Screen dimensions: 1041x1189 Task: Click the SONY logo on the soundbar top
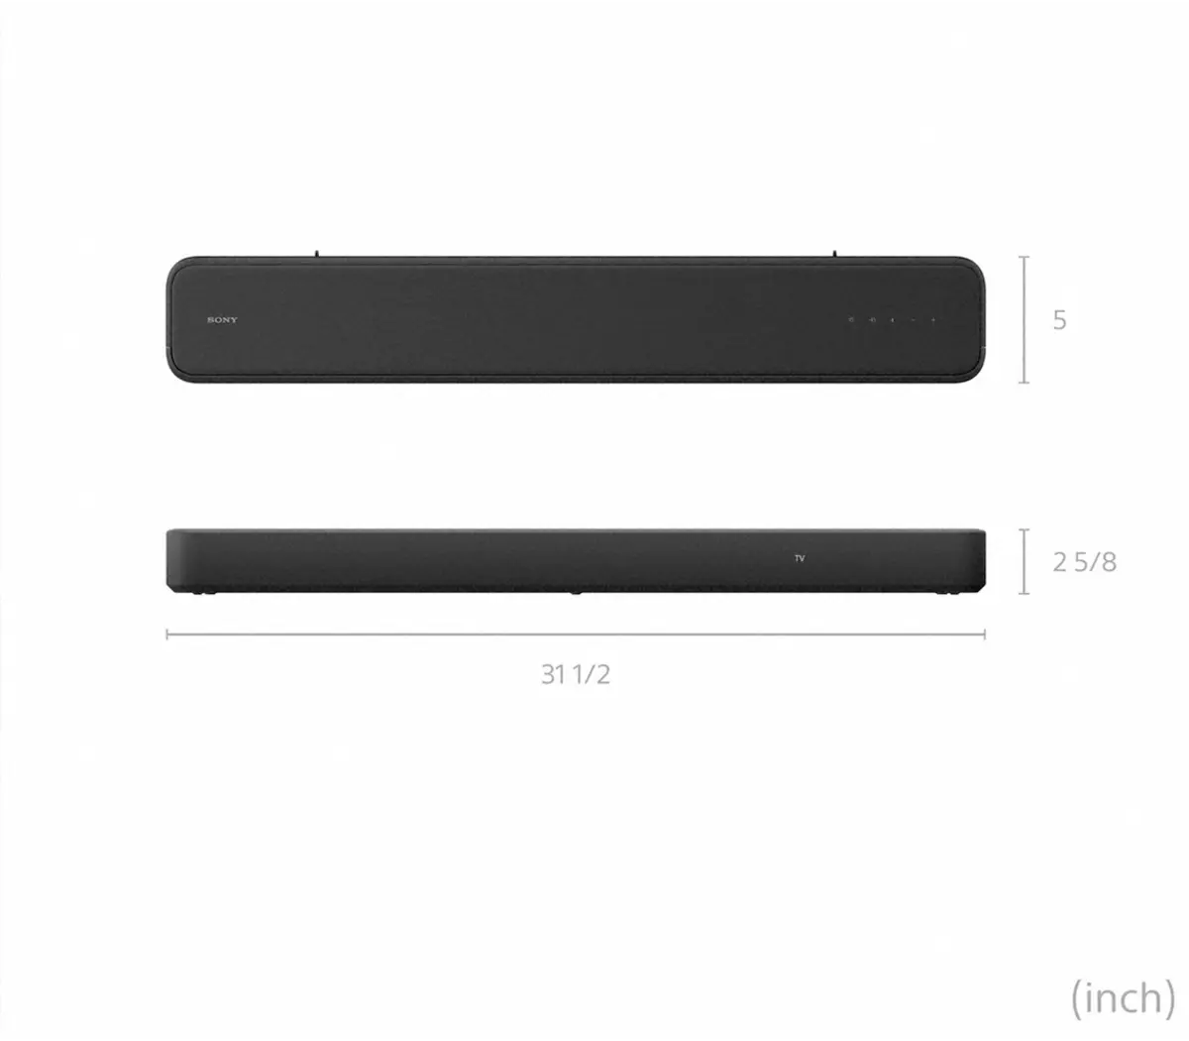[x=223, y=320]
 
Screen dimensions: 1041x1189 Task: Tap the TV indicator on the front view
[x=800, y=559]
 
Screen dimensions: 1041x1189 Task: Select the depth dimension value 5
[x=1059, y=320]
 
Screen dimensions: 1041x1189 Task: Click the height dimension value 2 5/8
[x=1084, y=562]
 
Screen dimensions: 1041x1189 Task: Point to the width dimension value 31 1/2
[x=575, y=674]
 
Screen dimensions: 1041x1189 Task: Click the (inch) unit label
[x=1122, y=996]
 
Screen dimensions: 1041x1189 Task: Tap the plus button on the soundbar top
[x=932, y=320]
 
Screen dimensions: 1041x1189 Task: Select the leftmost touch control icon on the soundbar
[x=851, y=320]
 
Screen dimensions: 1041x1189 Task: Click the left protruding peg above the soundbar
[x=316, y=254]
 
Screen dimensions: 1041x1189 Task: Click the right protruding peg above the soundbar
[x=833, y=254]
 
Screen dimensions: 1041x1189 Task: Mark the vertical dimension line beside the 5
[x=1025, y=319]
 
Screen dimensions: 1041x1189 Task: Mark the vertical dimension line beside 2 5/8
[x=1025, y=562]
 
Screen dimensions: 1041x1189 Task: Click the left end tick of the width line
[x=167, y=634]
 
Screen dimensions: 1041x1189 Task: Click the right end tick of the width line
[x=984, y=634]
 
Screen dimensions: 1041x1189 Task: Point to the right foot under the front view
[x=949, y=593]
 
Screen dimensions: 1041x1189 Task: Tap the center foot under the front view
[x=575, y=593]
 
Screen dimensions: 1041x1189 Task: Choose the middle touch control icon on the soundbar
[x=892, y=320]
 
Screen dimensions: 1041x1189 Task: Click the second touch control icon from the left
[x=872, y=320]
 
